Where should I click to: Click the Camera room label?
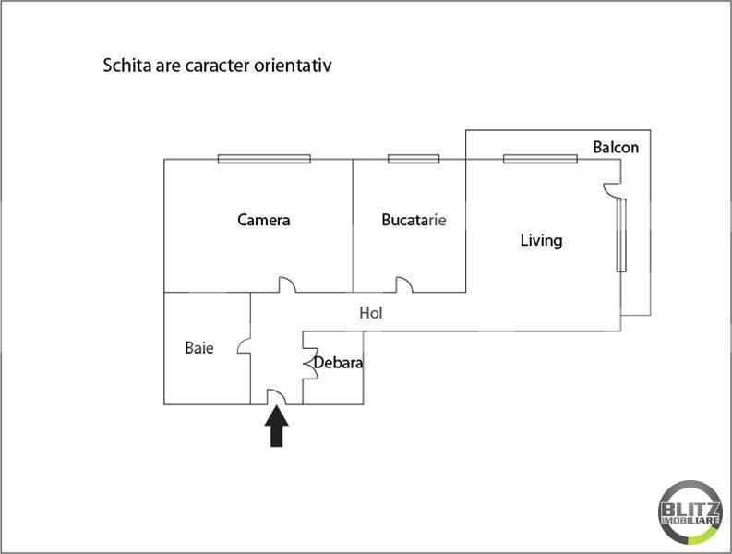pyautogui.click(x=264, y=221)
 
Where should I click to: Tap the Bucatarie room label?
pyautogui.click(x=414, y=221)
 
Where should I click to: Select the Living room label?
pyautogui.click(x=541, y=241)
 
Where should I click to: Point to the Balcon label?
pyautogui.click(x=616, y=147)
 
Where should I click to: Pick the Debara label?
pyautogui.click(x=338, y=363)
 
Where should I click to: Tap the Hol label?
pyautogui.click(x=371, y=313)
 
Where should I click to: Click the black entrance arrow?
pyautogui.click(x=277, y=428)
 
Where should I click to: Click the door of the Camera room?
pyautogui.click(x=288, y=286)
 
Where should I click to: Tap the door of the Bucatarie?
pyautogui.click(x=404, y=286)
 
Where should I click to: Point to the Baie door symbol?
pyautogui.click(x=244, y=347)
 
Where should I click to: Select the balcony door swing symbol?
pyautogui.click(x=611, y=189)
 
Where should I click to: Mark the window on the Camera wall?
pyautogui.click(x=251, y=159)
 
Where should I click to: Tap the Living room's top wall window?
pyautogui.click(x=541, y=159)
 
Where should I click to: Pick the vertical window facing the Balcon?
pyautogui.click(x=621, y=235)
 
